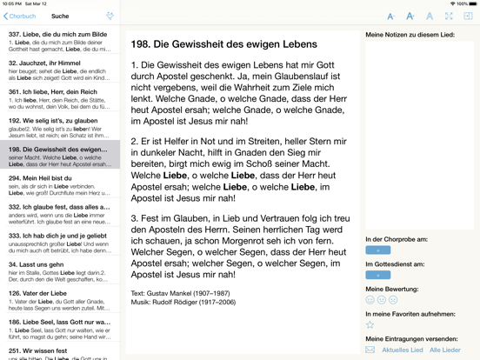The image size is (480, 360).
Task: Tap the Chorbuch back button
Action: pyautogui.click(x=19, y=16)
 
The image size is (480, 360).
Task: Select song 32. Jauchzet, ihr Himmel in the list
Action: pyautogui.click(x=59, y=70)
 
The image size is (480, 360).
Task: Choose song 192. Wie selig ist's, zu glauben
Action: pyautogui.click(x=59, y=126)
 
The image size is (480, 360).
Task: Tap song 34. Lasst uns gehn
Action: pyautogui.click(x=59, y=270)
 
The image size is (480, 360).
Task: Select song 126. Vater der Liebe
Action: pyautogui.click(x=59, y=298)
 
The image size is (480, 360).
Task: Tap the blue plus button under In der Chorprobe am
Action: pyautogui.click(x=377, y=250)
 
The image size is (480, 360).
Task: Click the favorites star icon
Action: pyautogui.click(x=370, y=325)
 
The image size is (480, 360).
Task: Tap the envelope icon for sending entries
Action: pyautogui.click(x=370, y=350)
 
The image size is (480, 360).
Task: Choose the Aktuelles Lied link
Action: pyautogui.click(x=402, y=350)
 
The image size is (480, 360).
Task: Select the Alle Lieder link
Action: pyautogui.click(x=445, y=350)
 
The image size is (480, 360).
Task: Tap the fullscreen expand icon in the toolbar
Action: pyautogui.click(x=449, y=16)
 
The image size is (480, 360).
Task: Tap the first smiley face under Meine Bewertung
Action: pyautogui.click(x=370, y=300)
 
